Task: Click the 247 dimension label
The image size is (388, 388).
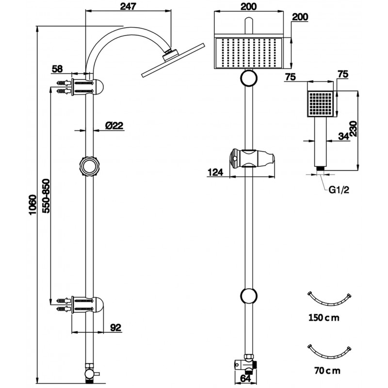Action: pyautogui.click(x=128, y=6)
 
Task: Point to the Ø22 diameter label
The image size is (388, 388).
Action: pyautogui.click(x=114, y=125)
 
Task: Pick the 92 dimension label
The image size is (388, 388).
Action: pyautogui.click(x=115, y=327)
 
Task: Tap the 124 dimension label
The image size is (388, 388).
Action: pyautogui.click(x=215, y=172)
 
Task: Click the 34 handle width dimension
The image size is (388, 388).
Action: pyautogui.click(x=344, y=137)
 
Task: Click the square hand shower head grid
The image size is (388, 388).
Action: pyautogui.click(x=321, y=104)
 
